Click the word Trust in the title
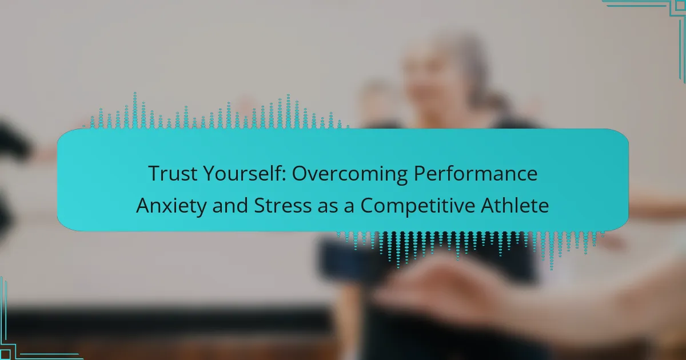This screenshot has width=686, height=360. (173, 173)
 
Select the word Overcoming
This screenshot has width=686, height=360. (350, 174)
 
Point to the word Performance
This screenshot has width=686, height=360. (476, 173)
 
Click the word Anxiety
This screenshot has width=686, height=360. (171, 206)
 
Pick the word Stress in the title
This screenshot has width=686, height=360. (282, 205)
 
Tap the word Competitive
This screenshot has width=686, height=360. (418, 206)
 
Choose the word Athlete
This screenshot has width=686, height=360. (515, 205)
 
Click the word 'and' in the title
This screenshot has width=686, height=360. (230, 205)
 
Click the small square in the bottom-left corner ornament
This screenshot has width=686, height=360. (6, 354)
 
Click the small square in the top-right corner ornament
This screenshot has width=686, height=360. (680, 6)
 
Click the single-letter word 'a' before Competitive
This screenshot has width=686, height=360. (349, 207)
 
